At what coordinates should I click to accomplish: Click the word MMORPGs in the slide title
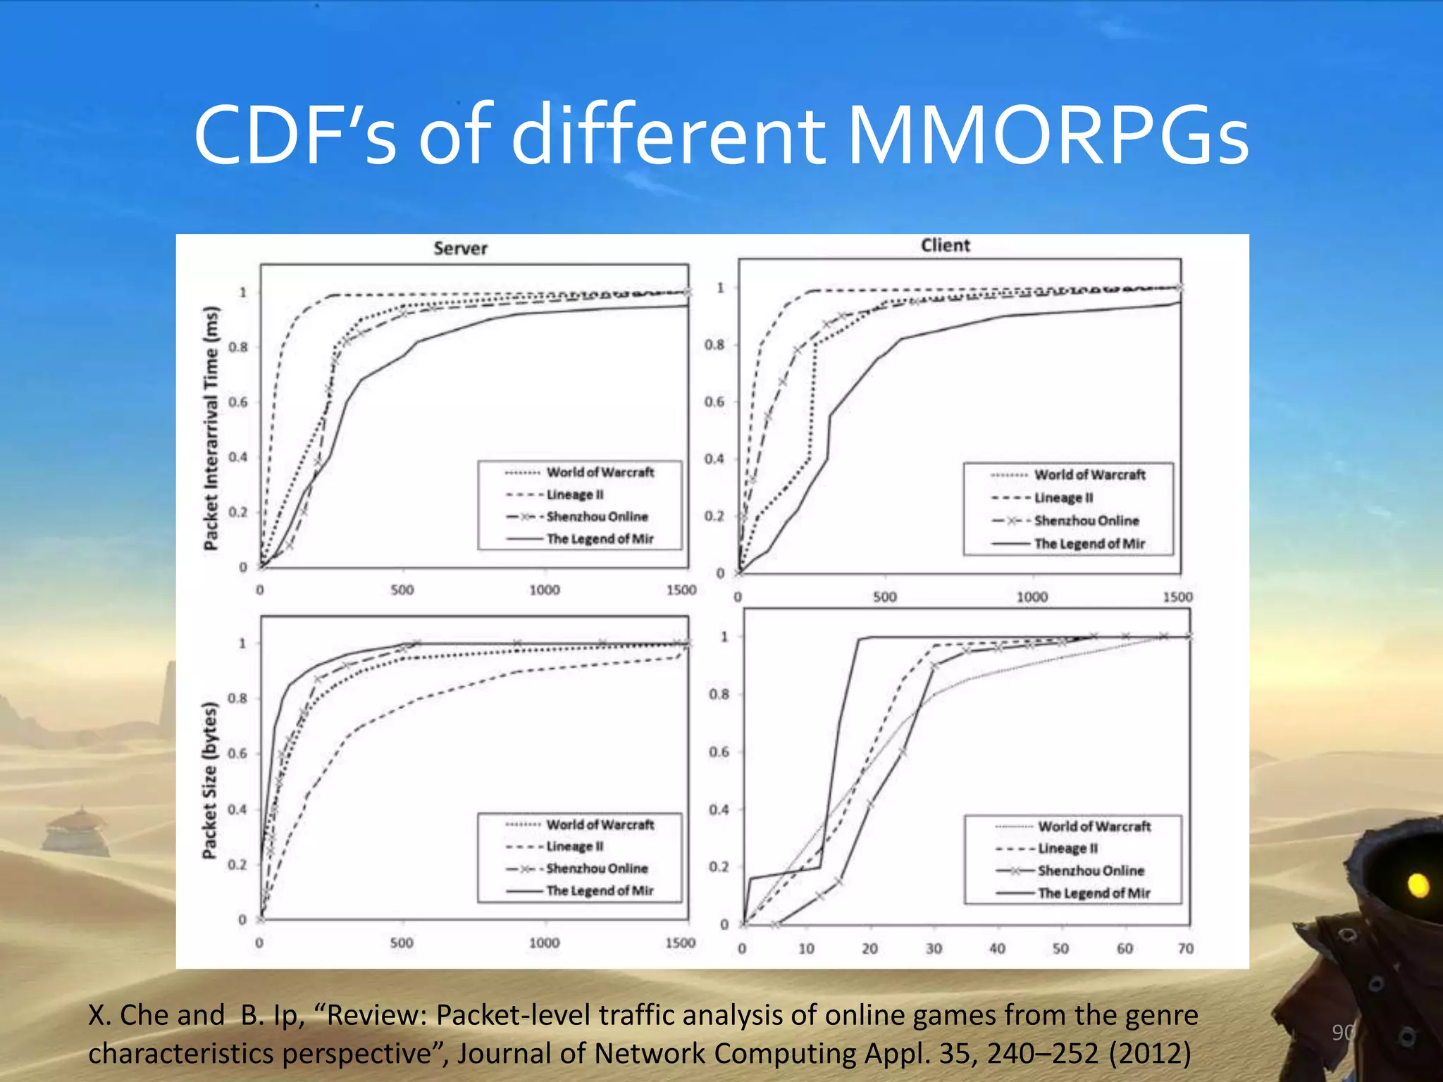pyautogui.click(x=1048, y=135)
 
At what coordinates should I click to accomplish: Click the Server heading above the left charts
pyautogui.click(x=460, y=248)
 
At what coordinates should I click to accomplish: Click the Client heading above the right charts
pyautogui.click(x=946, y=245)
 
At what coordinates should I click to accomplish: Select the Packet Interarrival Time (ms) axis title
pyautogui.click(x=211, y=428)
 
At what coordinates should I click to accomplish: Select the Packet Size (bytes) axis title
pyautogui.click(x=209, y=780)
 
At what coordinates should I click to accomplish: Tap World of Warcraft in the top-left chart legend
pyautogui.click(x=600, y=472)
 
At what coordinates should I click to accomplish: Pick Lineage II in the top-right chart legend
pyautogui.click(x=1063, y=497)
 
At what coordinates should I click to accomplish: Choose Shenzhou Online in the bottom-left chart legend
pyautogui.click(x=597, y=869)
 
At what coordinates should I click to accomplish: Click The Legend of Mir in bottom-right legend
pyautogui.click(x=1094, y=893)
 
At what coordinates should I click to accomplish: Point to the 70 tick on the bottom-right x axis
pyautogui.click(x=1186, y=949)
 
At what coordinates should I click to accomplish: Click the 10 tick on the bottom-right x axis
pyautogui.click(x=806, y=949)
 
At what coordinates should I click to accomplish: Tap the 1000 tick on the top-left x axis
pyautogui.click(x=545, y=590)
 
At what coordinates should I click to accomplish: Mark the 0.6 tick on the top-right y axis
pyautogui.click(x=714, y=402)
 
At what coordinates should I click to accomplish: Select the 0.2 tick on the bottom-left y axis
pyautogui.click(x=238, y=864)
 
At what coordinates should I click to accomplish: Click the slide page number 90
pyautogui.click(x=1343, y=1032)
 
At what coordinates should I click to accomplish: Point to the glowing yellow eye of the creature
pyautogui.click(x=1418, y=884)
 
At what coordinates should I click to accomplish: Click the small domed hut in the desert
pyautogui.click(x=79, y=831)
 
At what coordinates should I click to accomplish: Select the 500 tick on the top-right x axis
pyautogui.click(x=885, y=597)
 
